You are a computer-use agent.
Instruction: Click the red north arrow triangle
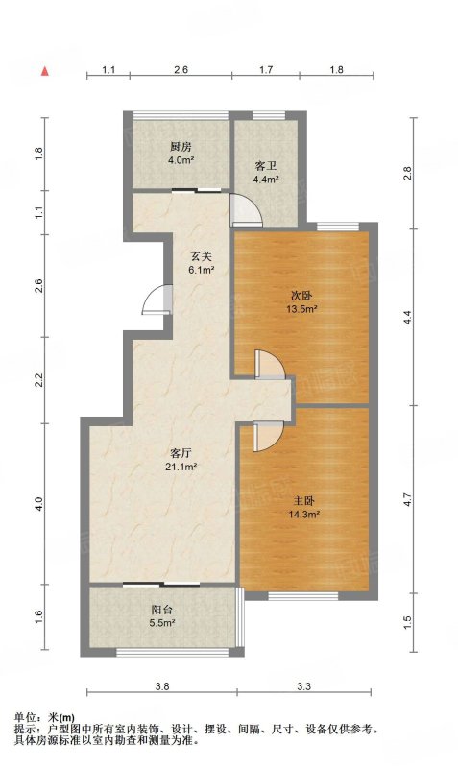click(45, 71)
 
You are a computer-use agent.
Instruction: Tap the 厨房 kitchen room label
click(181, 147)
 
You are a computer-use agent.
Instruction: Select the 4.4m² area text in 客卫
click(266, 180)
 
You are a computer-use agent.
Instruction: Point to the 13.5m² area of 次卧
click(301, 308)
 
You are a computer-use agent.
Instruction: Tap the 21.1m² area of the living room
click(181, 467)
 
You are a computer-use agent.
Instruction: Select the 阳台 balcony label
click(162, 610)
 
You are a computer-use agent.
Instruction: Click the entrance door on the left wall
click(157, 300)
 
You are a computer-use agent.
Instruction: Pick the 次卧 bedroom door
click(270, 365)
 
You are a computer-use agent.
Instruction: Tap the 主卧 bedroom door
click(269, 436)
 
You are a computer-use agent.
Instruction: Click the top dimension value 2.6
click(181, 70)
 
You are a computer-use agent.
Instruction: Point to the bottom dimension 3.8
click(162, 686)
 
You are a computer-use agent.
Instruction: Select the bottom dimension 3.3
click(303, 686)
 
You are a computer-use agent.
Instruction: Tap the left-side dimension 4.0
click(39, 503)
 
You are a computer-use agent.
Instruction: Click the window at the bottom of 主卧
click(303, 596)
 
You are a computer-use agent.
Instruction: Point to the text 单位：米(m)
click(44, 718)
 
